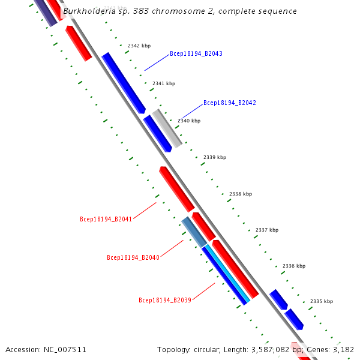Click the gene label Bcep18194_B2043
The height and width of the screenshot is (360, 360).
[x=196, y=54]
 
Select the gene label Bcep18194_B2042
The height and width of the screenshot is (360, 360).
[x=229, y=103]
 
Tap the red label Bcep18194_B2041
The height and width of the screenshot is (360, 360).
[x=106, y=219]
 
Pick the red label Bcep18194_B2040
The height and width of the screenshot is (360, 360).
[x=133, y=258]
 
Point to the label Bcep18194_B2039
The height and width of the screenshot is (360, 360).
[x=164, y=300]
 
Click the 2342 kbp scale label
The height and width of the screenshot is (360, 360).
[x=139, y=46]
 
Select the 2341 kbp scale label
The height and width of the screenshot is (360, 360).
[x=164, y=83]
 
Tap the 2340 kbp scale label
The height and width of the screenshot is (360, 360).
[x=189, y=121]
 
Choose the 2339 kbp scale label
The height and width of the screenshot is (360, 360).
[x=215, y=157]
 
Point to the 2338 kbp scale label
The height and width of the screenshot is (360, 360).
[x=241, y=194]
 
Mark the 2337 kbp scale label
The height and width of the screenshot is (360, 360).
[x=267, y=230]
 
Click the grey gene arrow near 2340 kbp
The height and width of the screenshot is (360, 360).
[x=167, y=128]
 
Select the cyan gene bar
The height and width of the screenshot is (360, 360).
[x=229, y=273]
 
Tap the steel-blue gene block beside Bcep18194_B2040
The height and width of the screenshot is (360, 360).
[x=194, y=232]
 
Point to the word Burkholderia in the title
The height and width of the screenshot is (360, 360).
[x=89, y=11]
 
